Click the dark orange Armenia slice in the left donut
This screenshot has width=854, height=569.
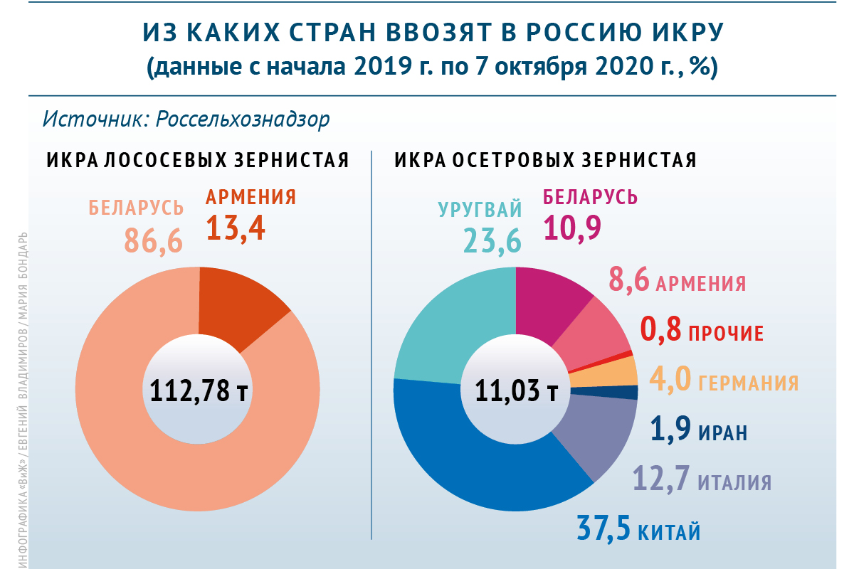[238, 302]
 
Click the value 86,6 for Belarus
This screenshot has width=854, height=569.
[154, 240]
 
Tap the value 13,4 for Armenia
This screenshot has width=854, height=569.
[236, 228]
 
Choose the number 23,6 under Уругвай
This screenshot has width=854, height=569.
[492, 240]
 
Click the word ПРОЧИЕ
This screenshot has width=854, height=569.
[726, 332]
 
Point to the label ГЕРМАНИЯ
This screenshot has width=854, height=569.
[749, 383]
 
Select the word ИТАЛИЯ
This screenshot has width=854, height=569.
[734, 483]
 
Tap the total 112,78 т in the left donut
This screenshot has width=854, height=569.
[199, 390]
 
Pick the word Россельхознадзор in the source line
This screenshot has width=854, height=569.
[243, 119]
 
